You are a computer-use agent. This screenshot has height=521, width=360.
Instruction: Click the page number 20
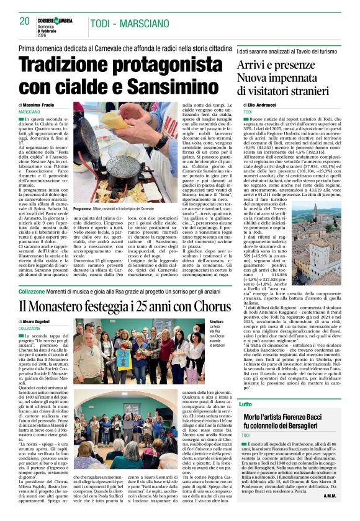(x=25, y=21)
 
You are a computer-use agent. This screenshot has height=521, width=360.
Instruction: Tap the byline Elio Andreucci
(x=268, y=105)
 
